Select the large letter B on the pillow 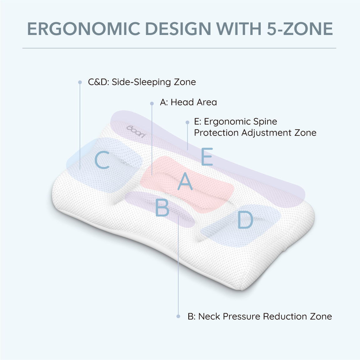[x=162, y=207]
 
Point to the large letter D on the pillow [x=245, y=220]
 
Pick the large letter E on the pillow [x=207, y=156]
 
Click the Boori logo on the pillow [x=136, y=131]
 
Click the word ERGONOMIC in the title [x=84, y=29]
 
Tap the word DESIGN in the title [x=178, y=29]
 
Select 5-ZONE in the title [x=300, y=29]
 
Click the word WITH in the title [x=239, y=29]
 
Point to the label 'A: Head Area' [x=188, y=102]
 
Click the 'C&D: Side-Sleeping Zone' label [x=142, y=82]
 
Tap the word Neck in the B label [x=209, y=316]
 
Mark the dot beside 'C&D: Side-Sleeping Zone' [x=80, y=82]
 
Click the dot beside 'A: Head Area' [x=152, y=104]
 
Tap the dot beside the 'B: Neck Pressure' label [x=178, y=316]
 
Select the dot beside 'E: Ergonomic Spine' [x=187, y=122]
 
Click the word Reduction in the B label [x=285, y=316]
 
